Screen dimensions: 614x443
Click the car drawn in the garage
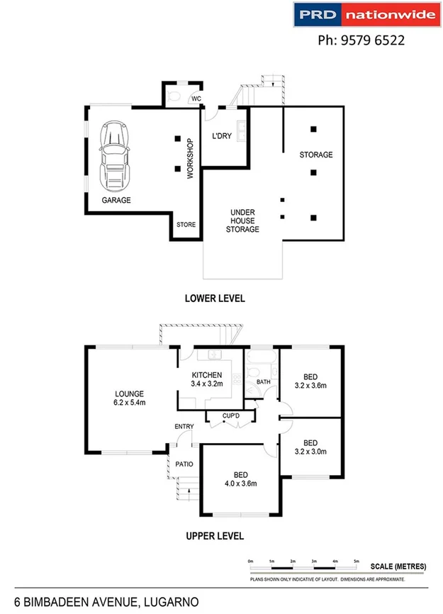point(116,155)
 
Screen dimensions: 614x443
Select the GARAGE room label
point(116,201)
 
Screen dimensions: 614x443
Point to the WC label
point(196,99)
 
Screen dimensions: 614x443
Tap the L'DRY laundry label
point(222,136)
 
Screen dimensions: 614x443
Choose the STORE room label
point(186,225)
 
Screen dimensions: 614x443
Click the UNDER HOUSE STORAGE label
point(242,221)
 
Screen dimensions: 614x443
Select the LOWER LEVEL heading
point(215,298)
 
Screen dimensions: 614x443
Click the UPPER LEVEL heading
point(215,536)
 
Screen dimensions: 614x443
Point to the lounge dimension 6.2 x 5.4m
point(130,403)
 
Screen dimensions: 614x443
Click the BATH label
point(263,382)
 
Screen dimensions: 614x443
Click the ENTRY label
point(184,426)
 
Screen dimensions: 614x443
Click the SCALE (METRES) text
point(398,566)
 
